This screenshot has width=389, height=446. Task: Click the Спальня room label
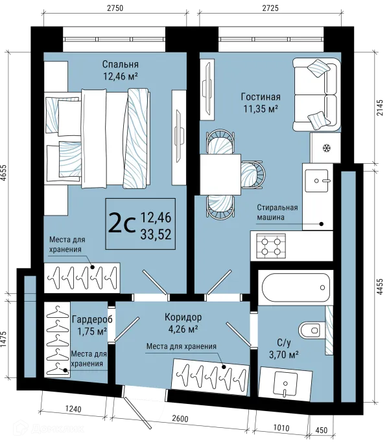click(120, 64)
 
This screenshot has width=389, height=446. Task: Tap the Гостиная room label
click(261, 96)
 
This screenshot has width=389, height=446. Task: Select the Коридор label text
click(183, 317)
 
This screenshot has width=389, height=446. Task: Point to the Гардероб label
click(92, 319)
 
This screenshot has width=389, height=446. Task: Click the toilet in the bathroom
click(312, 330)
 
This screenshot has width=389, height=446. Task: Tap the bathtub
click(296, 287)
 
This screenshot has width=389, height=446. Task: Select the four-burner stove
click(271, 246)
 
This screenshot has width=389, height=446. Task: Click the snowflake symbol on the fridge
click(326, 148)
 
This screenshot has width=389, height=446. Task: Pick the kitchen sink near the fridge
click(316, 181)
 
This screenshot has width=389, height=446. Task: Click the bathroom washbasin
click(285, 385)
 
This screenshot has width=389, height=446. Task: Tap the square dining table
click(220, 174)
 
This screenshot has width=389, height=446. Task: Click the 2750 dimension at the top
click(115, 8)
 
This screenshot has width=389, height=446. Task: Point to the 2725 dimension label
click(270, 8)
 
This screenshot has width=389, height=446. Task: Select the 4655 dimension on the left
click(3, 173)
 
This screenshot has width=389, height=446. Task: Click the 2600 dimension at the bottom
click(180, 419)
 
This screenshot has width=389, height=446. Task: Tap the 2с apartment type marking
click(122, 225)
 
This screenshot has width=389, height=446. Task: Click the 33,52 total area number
click(156, 234)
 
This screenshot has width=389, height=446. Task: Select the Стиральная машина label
click(277, 212)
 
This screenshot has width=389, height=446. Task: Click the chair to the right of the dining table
click(253, 174)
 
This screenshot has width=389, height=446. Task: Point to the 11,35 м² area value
click(261, 108)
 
